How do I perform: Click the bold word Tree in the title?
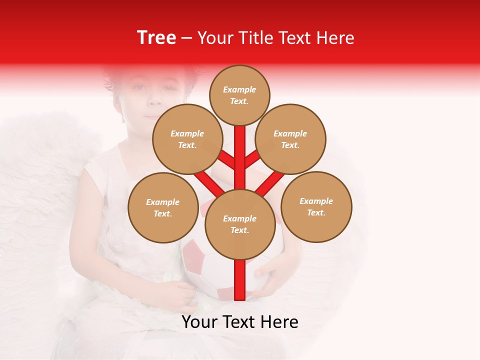pos(156,37)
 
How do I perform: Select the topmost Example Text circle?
pos(239,95)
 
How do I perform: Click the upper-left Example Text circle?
pos(187,139)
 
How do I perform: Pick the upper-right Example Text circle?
pos(290,139)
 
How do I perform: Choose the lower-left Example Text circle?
pos(163,207)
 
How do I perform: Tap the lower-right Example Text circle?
pos(316,206)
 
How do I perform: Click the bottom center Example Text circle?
pos(240,224)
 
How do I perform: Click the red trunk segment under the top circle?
pos(240,150)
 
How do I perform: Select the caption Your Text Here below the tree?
pos(240,322)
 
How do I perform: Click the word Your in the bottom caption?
pos(199,322)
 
